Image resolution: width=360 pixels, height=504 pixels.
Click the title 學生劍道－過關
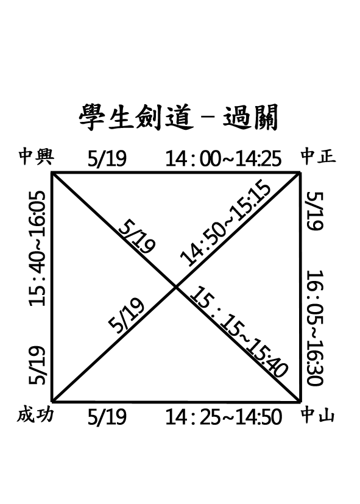(x=178, y=117)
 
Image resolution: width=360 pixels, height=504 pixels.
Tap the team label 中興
(x=37, y=157)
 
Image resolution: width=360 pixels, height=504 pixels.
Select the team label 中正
(x=318, y=157)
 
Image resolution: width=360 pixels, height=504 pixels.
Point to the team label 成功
(x=35, y=414)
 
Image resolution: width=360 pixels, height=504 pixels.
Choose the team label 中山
(x=318, y=414)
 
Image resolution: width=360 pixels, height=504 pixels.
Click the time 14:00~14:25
(x=224, y=158)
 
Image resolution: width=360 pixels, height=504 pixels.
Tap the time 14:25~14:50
(x=224, y=417)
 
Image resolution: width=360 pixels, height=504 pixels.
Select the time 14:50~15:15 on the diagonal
(x=226, y=225)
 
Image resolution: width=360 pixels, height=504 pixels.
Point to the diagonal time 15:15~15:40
(x=238, y=331)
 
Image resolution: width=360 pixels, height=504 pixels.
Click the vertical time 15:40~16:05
(x=38, y=248)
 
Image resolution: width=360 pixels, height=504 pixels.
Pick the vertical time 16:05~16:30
(x=315, y=328)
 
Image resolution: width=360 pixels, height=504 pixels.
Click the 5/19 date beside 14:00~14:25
(x=107, y=158)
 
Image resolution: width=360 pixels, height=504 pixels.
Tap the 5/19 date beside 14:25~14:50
(x=107, y=417)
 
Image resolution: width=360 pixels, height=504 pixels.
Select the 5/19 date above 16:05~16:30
(x=315, y=211)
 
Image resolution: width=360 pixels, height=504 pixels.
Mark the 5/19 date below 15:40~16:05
(x=38, y=365)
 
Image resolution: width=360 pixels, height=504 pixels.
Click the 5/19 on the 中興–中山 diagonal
(x=137, y=236)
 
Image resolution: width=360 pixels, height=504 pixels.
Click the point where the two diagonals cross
(x=176, y=287)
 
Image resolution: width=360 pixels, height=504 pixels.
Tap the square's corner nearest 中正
(x=300, y=172)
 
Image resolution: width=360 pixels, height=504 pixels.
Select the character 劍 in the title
(x=149, y=117)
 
